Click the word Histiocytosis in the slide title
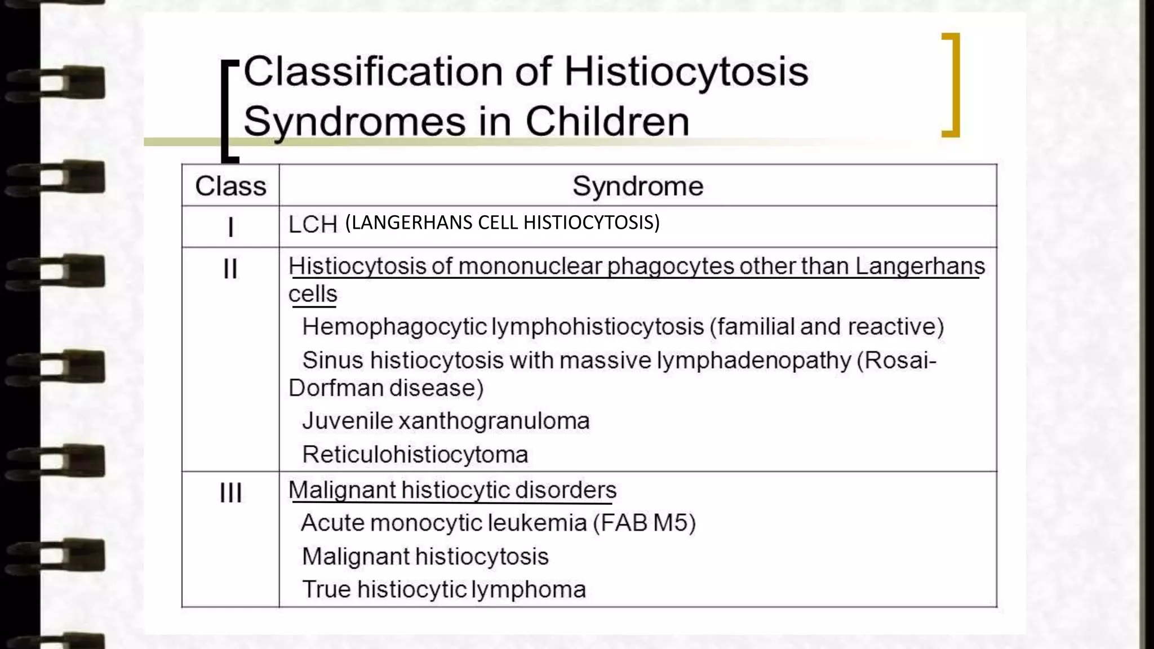686,72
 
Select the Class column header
230,186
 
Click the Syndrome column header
637,186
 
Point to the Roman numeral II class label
230,269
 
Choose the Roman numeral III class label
230,493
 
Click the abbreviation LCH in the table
313,225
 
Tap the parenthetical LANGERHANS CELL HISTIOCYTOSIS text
502,223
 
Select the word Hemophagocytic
394,327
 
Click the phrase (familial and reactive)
826,327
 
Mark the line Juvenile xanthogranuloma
445,421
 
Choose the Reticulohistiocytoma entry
415,455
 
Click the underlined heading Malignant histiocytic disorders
452,490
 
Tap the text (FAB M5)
644,523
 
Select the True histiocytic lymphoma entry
443,589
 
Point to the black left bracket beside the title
227,110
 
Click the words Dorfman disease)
386,388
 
